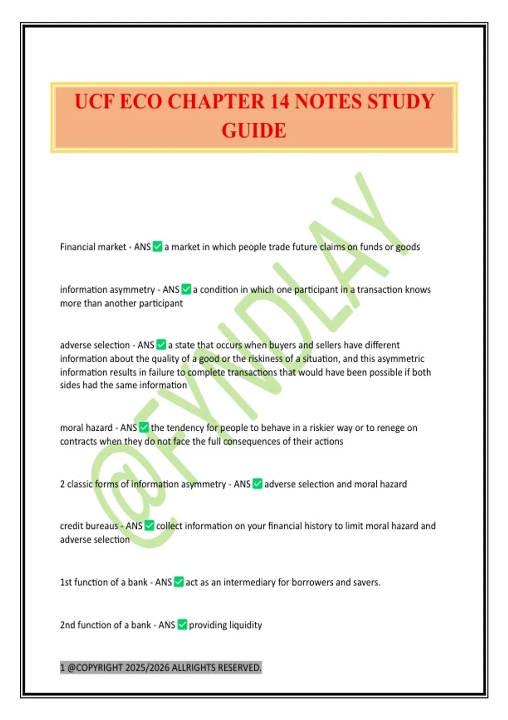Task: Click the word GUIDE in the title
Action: [254, 130]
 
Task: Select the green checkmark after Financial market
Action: [157, 246]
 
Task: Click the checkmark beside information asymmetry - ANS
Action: [186, 289]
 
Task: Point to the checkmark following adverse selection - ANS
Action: [161, 345]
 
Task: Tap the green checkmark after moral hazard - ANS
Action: [144, 427]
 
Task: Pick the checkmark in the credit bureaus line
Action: [149, 526]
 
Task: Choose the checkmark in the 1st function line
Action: [179, 582]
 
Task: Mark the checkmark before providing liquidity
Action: [182, 625]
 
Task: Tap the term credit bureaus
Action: [88, 526]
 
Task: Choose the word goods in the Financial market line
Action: [408, 247]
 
